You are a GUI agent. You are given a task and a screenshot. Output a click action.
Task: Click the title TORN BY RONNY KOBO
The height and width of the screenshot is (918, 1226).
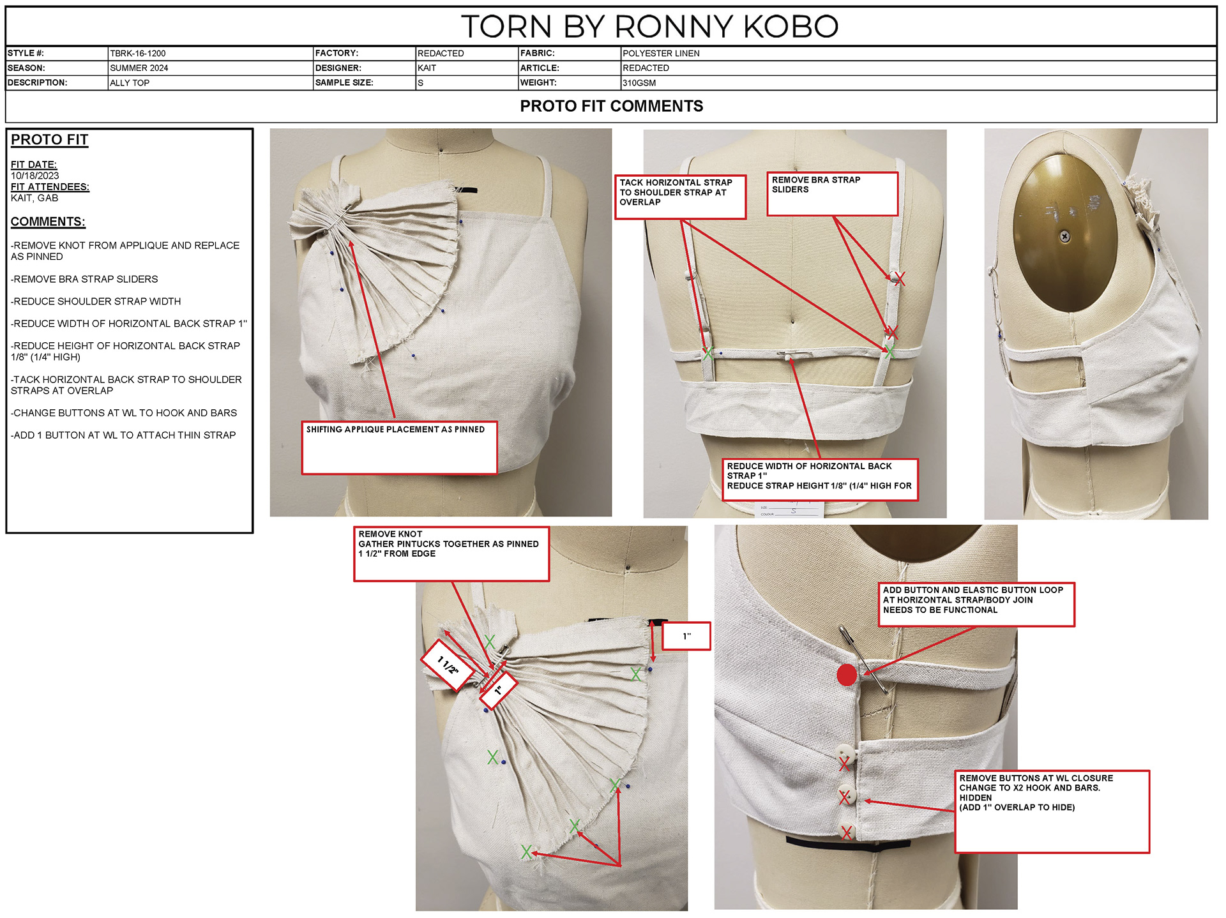(649, 27)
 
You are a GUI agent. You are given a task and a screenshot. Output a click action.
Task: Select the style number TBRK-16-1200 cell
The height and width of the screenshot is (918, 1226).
(138, 54)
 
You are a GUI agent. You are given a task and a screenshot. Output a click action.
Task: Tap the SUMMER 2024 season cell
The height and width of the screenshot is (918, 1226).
(139, 68)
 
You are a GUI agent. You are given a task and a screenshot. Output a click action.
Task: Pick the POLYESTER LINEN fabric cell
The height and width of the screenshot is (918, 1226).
(661, 54)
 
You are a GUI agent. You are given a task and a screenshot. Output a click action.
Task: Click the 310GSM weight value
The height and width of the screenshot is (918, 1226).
(639, 83)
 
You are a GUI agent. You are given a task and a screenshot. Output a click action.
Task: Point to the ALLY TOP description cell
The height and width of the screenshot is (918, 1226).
(130, 83)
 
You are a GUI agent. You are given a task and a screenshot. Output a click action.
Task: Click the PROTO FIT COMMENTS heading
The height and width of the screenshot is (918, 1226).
(611, 106)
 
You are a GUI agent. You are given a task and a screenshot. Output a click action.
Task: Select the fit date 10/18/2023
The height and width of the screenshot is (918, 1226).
(35, 176)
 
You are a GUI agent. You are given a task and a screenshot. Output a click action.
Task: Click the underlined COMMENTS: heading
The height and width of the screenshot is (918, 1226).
(48, 222)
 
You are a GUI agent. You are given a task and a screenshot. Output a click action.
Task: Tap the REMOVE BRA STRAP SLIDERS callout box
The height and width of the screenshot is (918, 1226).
(832, 193)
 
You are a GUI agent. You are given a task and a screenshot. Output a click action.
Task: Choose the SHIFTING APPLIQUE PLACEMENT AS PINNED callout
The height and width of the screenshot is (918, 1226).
(399, 447)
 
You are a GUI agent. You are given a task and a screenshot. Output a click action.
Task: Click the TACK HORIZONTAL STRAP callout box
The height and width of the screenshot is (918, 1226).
(680, 197)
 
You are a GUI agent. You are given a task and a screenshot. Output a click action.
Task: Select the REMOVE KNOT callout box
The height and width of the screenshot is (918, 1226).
(451, 553)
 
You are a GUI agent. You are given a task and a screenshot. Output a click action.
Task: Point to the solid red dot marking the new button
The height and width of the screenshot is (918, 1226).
(847, 675)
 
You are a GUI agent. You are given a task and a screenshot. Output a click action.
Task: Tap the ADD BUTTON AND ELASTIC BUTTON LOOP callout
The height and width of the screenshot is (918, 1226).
(976, 604)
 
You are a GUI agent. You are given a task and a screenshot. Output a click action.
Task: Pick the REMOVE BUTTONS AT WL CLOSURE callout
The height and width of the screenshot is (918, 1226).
(1051, 811)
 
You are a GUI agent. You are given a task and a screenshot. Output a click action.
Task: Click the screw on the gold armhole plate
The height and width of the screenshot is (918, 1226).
(1065, 237)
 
